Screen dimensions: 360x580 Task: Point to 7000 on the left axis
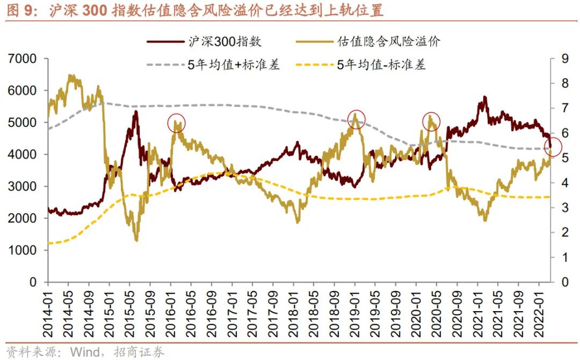[x=22, y=59]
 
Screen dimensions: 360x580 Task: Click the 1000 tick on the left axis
[x=22, y=250]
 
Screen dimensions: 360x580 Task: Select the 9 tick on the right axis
[x=564, y=59]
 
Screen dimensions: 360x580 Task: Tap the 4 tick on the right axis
[x=564, y=183]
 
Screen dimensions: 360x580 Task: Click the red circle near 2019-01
[x=356, y=119]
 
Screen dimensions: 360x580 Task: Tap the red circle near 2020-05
[x=431, y=121]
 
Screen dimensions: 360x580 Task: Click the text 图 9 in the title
[x=20, y=10]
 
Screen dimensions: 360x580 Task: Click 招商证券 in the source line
[x=139, y=352]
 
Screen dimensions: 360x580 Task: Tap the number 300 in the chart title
[x=95, y=10]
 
